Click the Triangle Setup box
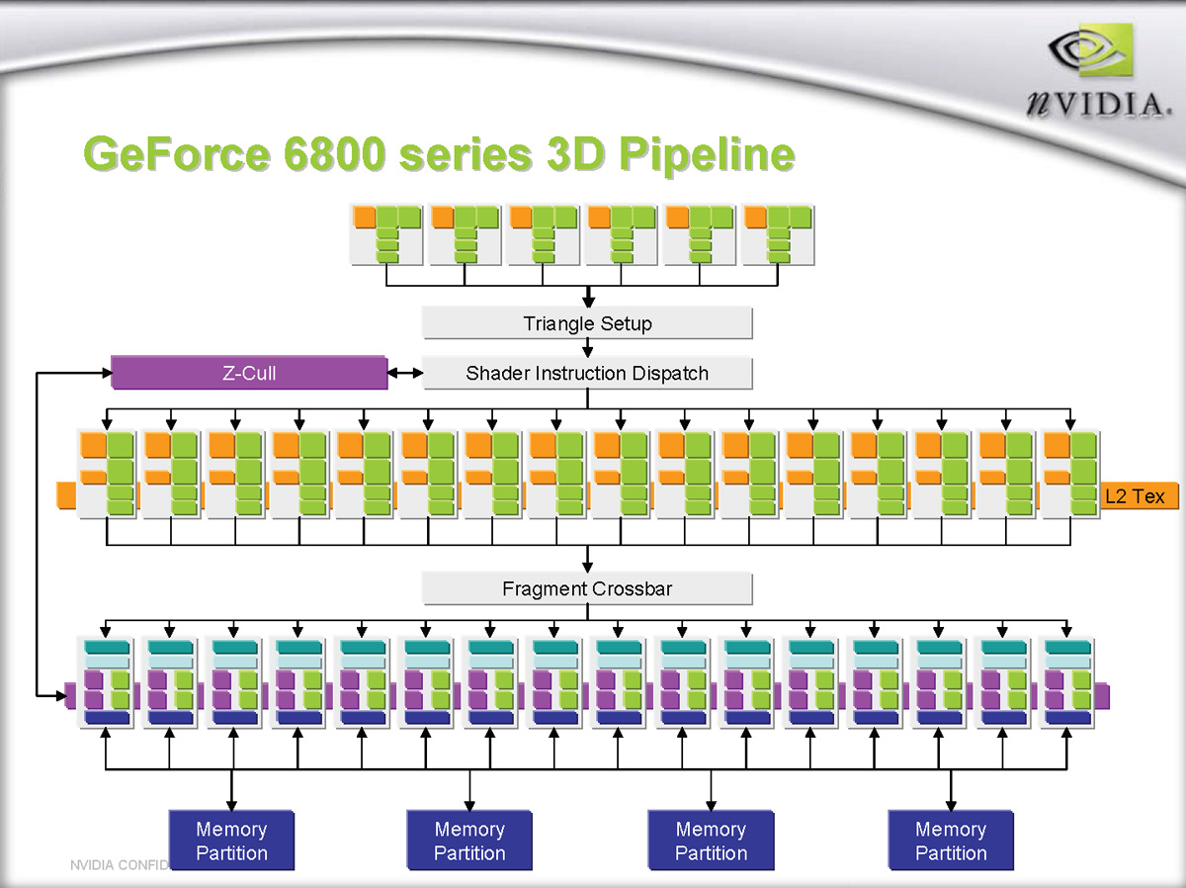tap(587, 323)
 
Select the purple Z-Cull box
tap(248, 373)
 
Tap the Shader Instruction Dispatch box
tap(587, 373)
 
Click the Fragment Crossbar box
tap(587, 588)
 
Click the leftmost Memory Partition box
tap(231, 841)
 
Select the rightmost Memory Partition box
tap(951, 841)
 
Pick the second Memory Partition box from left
tap(469, 841)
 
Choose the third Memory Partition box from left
tap(711, 841)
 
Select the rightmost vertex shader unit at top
tap(778, 234)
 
